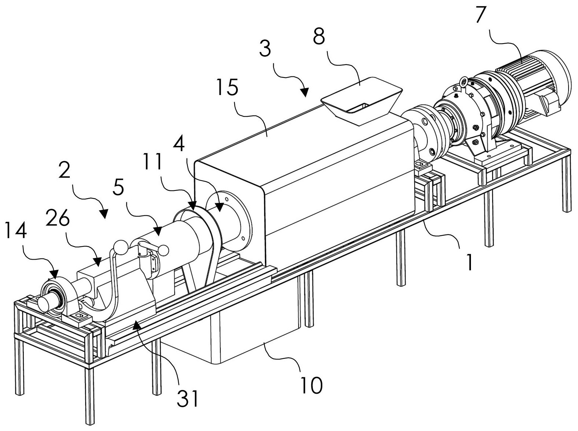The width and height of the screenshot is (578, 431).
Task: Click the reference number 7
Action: coord(481,15)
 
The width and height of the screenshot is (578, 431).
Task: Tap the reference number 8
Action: coord(319,37)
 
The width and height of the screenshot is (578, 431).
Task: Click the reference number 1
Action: coord(470,262)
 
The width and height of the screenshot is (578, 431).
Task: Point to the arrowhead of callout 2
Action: coord(104,215)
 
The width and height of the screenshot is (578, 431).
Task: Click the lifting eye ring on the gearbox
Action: coord(464,80)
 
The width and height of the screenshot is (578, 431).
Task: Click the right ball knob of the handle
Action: coord(164,250)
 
